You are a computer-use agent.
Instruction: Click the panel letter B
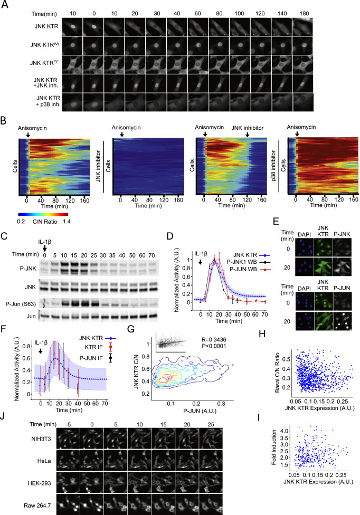[x=4, y=121]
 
